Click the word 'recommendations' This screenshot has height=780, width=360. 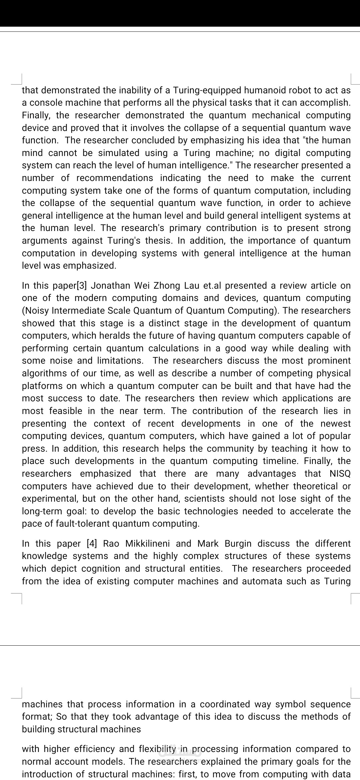[115, 178]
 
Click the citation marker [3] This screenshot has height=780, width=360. [82, 286]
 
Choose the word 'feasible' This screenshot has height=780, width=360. [66, 411]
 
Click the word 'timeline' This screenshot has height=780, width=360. [280, 461]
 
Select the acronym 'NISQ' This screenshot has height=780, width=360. [340, 474]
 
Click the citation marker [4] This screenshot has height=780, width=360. [92, 544]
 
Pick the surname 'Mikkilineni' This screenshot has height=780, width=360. [148, 544]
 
